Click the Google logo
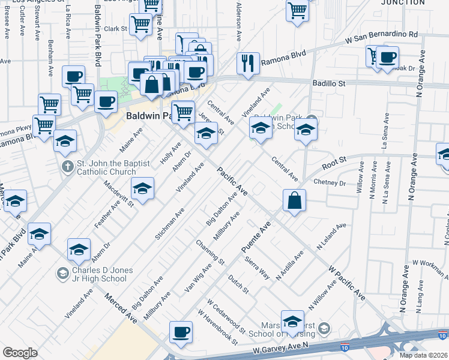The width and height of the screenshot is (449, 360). pyautogui.click(x=20, y=353)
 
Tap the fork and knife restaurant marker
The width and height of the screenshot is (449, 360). pyautogui.click(x=248, y=62)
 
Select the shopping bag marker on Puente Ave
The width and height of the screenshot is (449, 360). pyautogui.click(x=294, y=201)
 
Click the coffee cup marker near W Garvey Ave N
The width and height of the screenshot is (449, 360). pyautogui.click(x=181, y=332)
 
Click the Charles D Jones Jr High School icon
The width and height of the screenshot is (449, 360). pyautogui.click(x=62, y=274)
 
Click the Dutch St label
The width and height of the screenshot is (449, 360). pyautogui.click(x=238, y=284)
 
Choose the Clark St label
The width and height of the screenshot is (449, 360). pyautogui.click(x=115, y=28)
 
